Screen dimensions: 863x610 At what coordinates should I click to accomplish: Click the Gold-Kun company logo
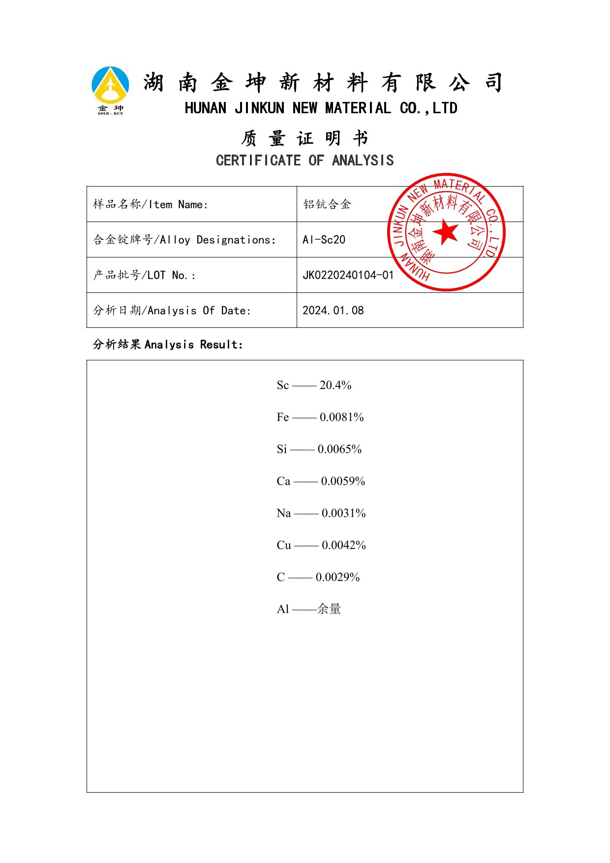(111, 90)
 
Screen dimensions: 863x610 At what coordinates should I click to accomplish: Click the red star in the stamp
(446, 232)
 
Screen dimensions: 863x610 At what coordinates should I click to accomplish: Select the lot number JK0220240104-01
(348, 275)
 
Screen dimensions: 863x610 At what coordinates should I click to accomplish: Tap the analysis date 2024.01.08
(333, 311)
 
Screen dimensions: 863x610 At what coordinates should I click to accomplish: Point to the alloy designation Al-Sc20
(324, 240)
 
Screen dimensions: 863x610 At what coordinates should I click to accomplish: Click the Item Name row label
(151, 204)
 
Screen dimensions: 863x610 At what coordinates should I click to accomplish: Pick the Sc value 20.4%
(335, 385)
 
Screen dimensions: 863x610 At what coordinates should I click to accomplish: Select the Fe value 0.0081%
(341, 417)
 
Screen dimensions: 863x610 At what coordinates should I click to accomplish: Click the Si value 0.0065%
(339, 449)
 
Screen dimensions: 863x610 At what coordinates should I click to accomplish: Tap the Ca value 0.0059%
(343, 481)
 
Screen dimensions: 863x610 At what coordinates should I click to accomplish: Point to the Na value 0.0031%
(343, 513)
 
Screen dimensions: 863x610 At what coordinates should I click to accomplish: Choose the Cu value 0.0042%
(343, 545)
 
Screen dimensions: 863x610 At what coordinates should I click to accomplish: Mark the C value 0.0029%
(337, 577)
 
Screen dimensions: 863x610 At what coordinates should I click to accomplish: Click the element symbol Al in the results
(283, 609)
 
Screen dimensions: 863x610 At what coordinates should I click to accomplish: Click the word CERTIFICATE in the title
(258, 160)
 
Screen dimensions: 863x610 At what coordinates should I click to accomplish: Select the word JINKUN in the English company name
(259, 108)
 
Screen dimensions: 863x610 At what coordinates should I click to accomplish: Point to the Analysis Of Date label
(172, 311)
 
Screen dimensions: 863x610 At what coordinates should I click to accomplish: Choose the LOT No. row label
(144, 275)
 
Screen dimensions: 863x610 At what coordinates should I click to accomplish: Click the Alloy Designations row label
(184, 240)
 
